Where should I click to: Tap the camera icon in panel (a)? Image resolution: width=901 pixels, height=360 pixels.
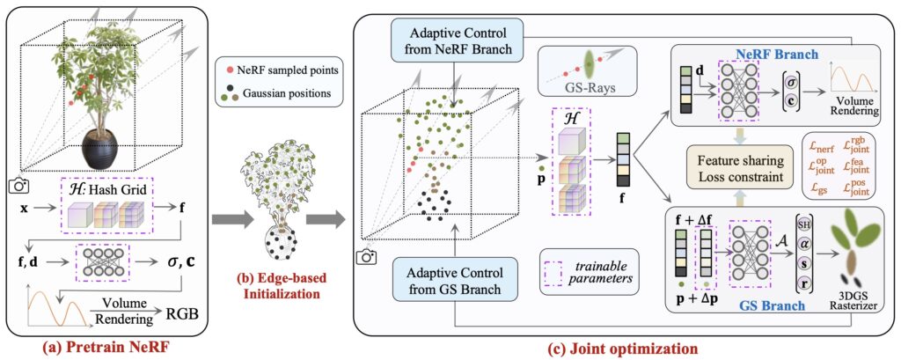click(17, 186)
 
